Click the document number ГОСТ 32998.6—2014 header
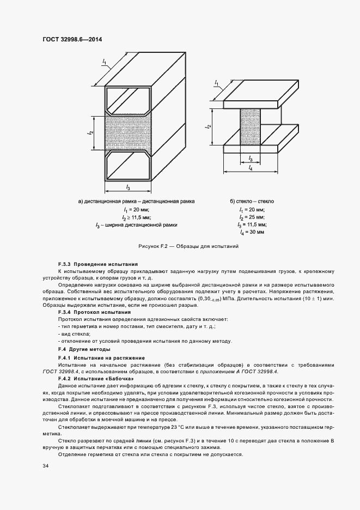72,40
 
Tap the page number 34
45,466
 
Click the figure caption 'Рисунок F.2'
189,246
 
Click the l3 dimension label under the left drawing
127,187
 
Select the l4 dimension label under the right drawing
250,168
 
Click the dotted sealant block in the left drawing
127,132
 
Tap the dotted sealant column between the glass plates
249,126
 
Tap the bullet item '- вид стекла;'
74,333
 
